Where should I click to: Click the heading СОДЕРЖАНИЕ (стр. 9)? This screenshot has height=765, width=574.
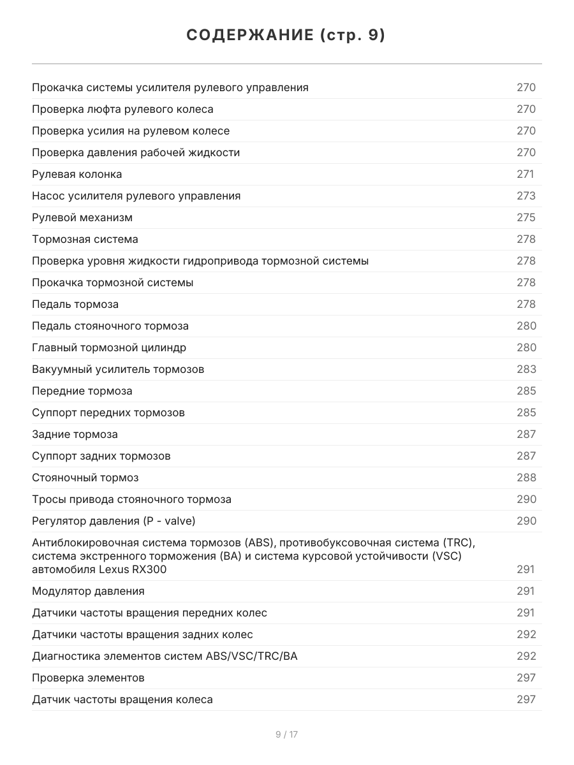pyautogui.click(x=286, y=36)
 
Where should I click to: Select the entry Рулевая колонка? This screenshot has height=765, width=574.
pyautogui.click(x=77, y=174)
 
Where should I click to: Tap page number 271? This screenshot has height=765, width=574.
pyautogui.click(x=525, y=174)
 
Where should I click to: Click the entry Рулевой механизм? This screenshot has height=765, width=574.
pyautogui.click(x=82, y=217)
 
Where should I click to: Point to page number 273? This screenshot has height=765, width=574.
pyautogui.click(x=526, y=196)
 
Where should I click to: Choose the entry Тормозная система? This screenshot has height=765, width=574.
pyautogui.click(x=85, y=239)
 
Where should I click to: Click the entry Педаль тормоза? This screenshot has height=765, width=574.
pyautogui.click(x=75, y=304)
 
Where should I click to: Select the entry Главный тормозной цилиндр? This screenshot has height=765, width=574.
pyautogui.click(x=109, y=347)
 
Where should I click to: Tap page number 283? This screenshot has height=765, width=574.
pyautogui.click(x=526, y=369)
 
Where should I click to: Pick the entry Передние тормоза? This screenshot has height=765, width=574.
pyautogui.click(x=82, y=391)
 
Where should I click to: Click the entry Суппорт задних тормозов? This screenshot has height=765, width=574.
pyautogui.click(x=101, y=456)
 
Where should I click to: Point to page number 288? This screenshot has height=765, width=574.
pyautogui.click(x=526, y=477)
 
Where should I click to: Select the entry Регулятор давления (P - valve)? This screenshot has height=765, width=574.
pyautogui.click(x=114, y=521)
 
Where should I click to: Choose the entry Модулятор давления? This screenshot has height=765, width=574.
pyautogui.click(x=88, y=591)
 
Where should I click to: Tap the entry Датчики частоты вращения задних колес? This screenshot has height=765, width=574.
pyautogui.click(x=142, y=634)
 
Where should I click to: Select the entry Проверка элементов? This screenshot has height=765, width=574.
pyautogui.click(x=88, y=678)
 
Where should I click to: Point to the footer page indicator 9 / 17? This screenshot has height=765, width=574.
pyautogui.click(x=286, y=734)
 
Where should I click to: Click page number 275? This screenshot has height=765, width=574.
pyautogui.click(x=526, y=217)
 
